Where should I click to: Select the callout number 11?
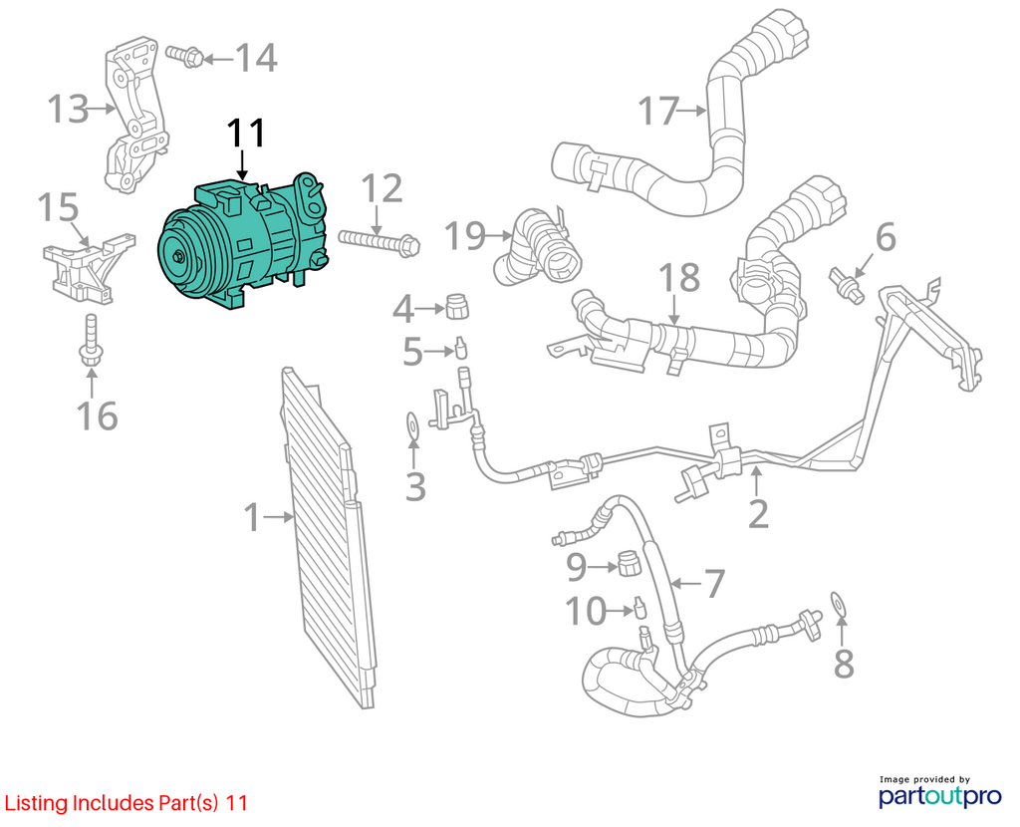(246, 135)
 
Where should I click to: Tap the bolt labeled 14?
(184, 56)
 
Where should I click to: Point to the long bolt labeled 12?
(379, 242)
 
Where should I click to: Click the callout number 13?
(68, 109)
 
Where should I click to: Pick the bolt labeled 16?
(91, 339)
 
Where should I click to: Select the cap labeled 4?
(457, 306)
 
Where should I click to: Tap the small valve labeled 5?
(461, 348)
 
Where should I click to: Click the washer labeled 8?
(840, 603)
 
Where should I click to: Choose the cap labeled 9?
(629, 563)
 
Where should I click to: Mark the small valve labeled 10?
(640, 608)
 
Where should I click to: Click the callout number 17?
(658, 111)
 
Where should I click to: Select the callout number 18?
(679, 278)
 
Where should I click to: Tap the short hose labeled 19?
(539, 247)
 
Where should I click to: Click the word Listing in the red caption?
(37, 803)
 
